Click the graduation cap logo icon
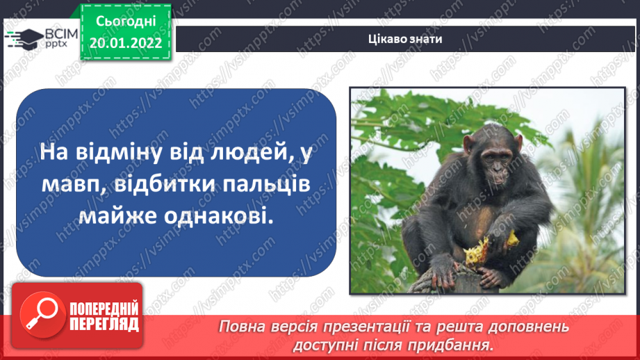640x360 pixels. pyautogui.click(x=23, y=38)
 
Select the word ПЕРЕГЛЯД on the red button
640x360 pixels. pyautogui.click(x=103, y=324)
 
